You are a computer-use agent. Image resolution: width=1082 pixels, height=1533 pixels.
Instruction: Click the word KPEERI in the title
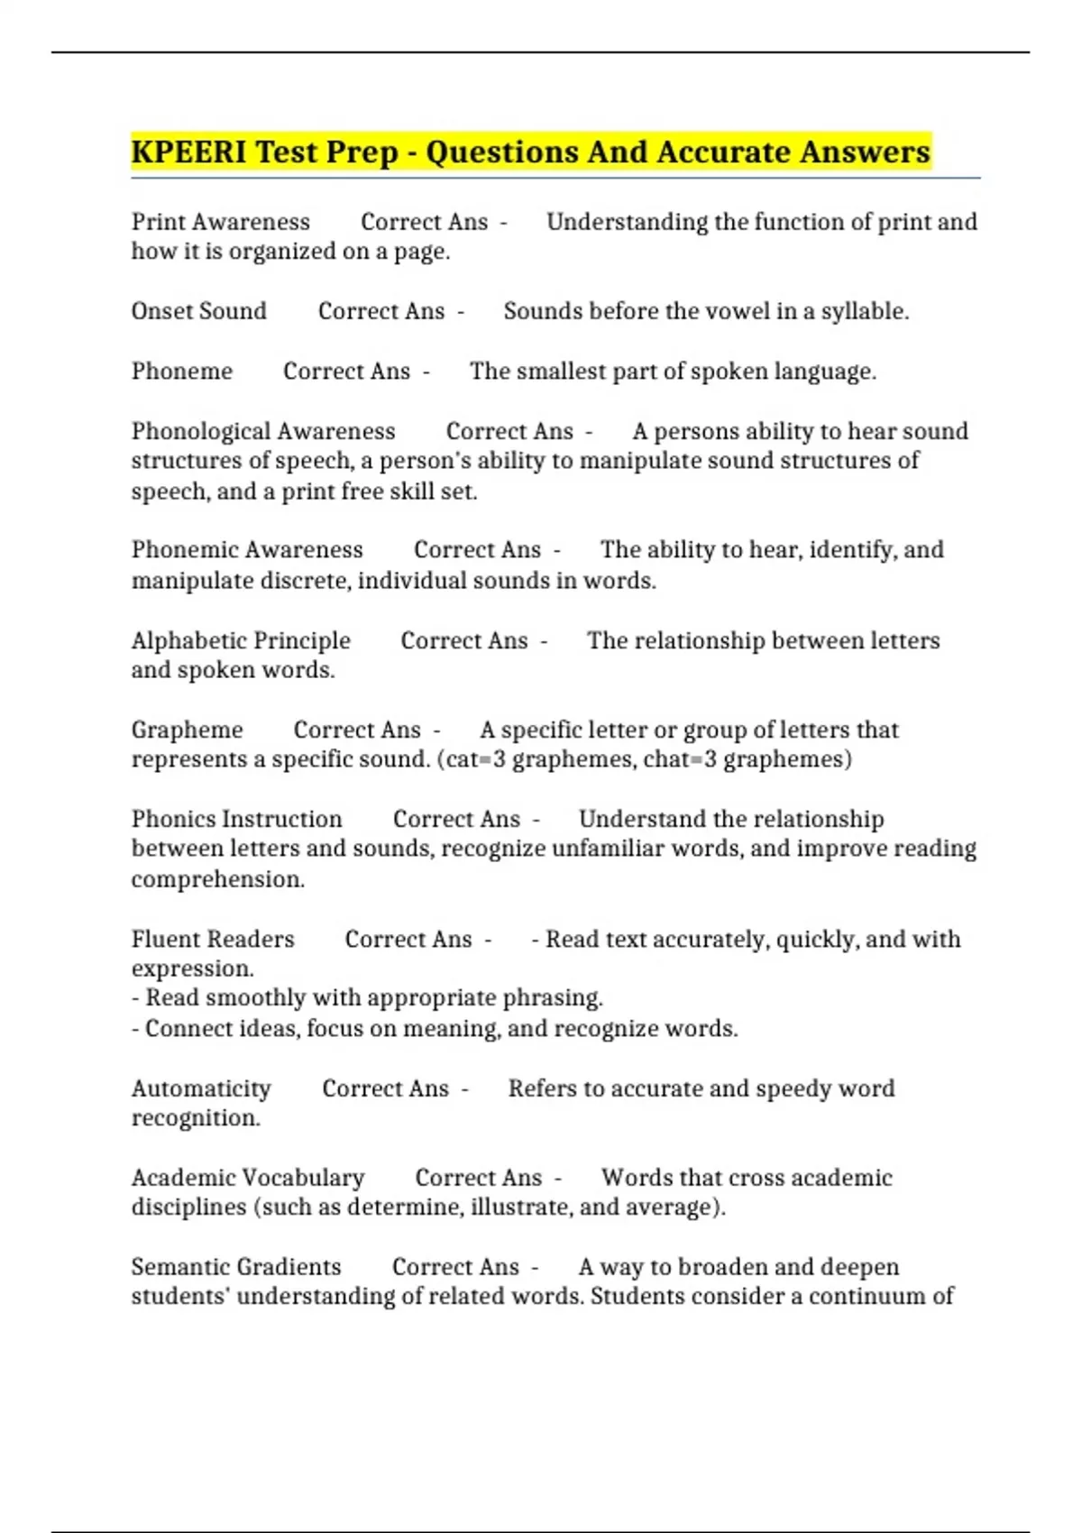(x=188, y=151)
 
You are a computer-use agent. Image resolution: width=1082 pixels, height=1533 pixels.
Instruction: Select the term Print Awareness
(x=220, y=222)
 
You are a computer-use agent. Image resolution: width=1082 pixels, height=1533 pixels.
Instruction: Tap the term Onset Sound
(x=198, y=311)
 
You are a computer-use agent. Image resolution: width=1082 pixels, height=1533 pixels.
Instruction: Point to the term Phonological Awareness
(x=263, y=431)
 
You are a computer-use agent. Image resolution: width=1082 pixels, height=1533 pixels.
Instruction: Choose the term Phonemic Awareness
(x=247, y=550)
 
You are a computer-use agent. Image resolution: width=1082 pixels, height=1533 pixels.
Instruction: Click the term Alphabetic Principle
(x=241, y=640)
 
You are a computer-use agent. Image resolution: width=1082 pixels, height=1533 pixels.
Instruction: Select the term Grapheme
(x=187, y=730)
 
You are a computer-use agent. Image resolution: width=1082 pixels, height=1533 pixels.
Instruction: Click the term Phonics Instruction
(x=236, y=819)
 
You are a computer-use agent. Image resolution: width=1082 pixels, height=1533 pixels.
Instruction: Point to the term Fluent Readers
(x=213, y=940)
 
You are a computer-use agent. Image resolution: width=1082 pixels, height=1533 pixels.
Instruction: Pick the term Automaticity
(x=201, y=1088)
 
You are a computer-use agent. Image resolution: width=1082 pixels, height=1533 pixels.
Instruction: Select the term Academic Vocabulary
(x=248, y=1178)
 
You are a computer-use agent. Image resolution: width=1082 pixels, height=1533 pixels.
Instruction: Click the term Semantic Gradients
(x=236, y=1267)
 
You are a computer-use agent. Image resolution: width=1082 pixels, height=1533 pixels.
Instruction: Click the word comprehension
(x=217, y=879)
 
